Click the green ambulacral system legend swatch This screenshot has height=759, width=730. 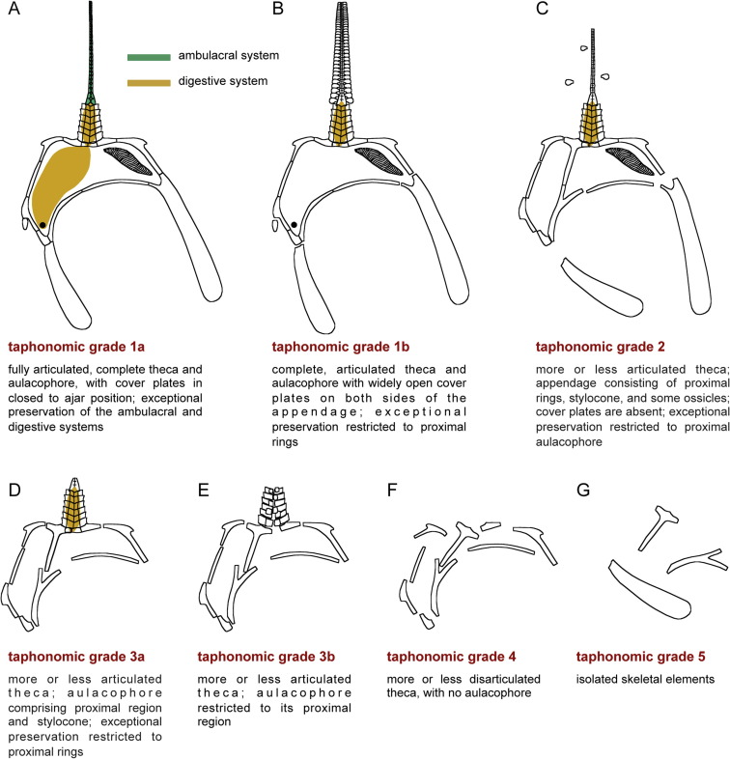[x=150, y=57]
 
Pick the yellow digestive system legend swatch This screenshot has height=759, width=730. [x=150, y=83]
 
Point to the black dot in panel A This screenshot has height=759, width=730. [x=43, y=225]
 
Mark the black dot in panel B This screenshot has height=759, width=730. [x=294, y=225]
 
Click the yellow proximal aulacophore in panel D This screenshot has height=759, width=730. [x=75, y=507]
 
